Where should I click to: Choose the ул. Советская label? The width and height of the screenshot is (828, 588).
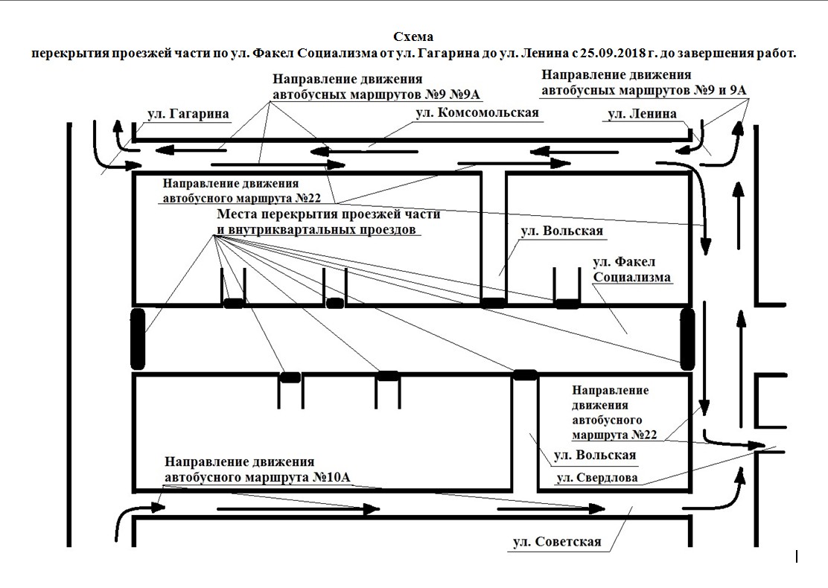coord(556,542)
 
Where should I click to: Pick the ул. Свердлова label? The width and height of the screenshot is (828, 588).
coord(597,478)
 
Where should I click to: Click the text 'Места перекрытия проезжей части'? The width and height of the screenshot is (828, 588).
coord(328,214)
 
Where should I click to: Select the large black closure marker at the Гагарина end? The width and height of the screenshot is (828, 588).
coord(137,339)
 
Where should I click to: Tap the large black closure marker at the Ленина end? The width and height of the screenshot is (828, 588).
coord(687,339)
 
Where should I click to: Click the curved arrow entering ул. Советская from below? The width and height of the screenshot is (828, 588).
coord(134,518)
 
